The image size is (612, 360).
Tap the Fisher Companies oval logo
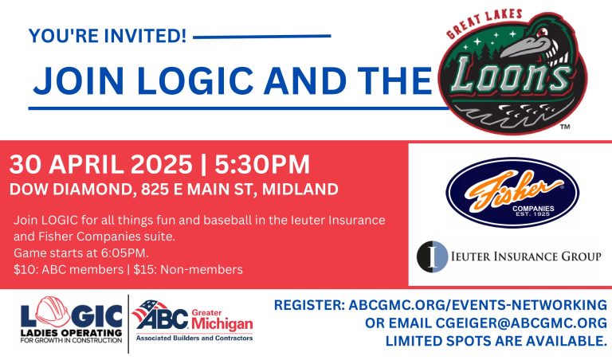512,191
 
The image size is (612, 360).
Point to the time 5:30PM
258,165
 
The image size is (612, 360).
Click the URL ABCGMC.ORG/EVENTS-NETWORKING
477,305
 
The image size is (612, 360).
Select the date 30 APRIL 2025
100,165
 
